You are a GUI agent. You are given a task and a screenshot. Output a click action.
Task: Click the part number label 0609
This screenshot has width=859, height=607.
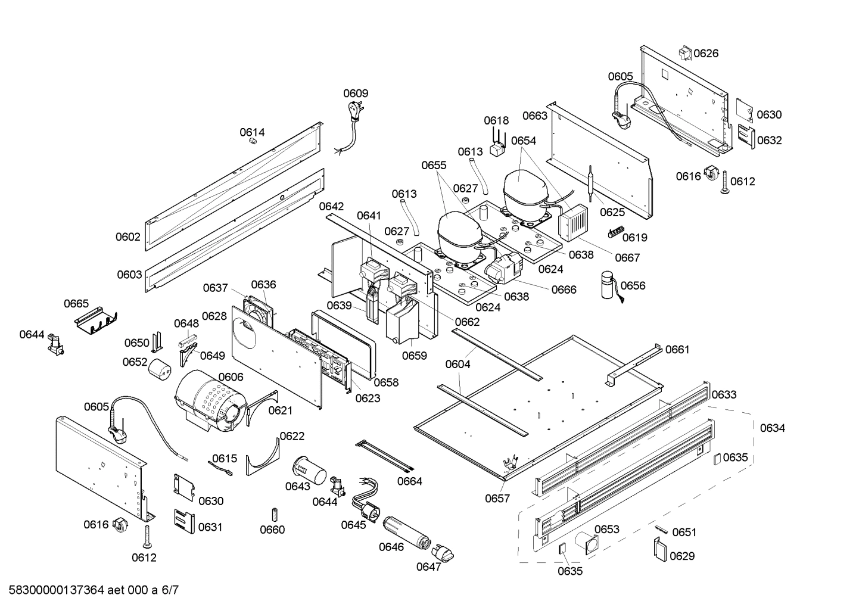[356, 93]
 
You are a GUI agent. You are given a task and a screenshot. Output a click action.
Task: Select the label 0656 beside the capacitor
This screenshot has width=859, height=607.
[633, 285]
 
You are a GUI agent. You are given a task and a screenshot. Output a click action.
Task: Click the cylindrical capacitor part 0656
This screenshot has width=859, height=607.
[608, 284]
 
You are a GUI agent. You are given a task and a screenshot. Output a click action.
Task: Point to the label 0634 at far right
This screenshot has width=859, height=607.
[772, 428]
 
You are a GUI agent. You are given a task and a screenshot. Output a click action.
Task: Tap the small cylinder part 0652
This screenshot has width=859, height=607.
[159, 369]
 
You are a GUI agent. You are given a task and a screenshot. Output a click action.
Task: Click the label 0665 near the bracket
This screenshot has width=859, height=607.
[76, 304]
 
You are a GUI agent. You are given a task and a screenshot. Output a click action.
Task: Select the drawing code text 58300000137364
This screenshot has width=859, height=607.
[54, 590]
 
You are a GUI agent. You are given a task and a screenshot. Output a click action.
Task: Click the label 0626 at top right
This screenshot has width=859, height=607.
[706, 53]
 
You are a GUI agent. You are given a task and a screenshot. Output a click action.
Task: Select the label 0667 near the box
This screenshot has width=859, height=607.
[627, 257]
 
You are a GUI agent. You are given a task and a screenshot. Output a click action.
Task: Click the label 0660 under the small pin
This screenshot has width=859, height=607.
[272, 530]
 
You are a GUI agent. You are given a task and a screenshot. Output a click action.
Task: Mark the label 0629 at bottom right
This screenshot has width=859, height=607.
[681, 556]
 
